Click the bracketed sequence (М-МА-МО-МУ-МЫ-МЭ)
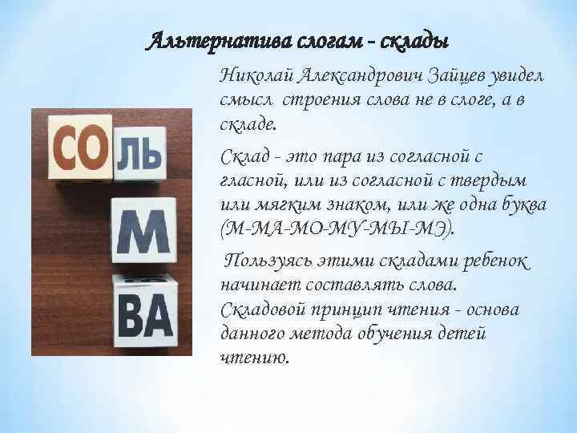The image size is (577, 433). tap(337, 232)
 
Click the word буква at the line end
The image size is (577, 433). tap(521, 207)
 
